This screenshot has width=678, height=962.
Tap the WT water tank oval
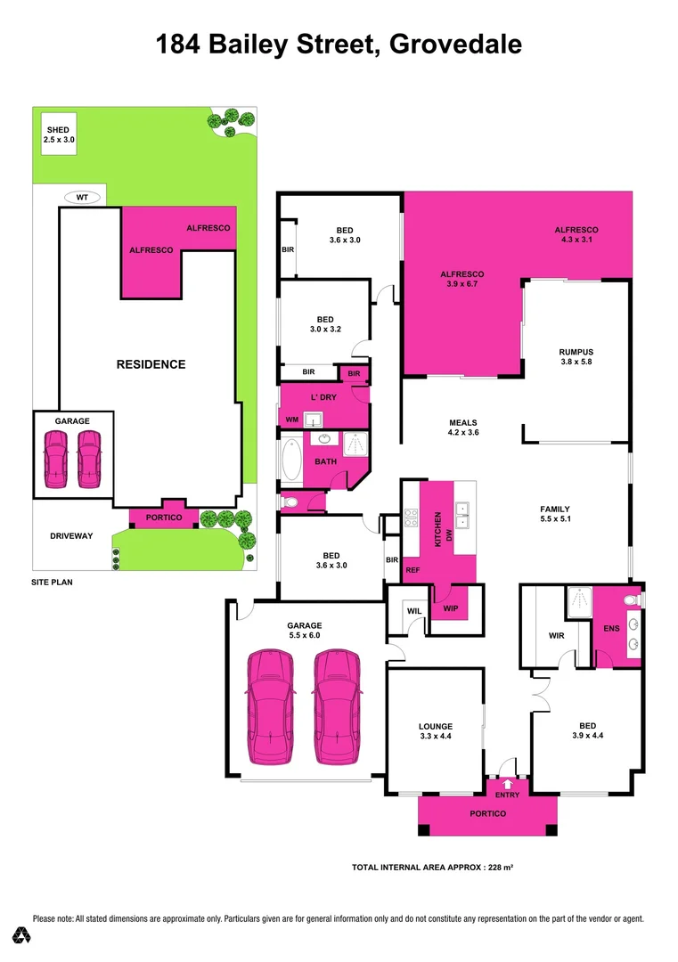pos(82,198)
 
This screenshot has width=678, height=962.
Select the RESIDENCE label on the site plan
pos(151,364)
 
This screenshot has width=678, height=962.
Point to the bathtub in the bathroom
pos(290,461)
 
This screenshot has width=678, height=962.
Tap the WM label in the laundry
pos(291,419)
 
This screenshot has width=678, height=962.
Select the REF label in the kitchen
pos(413,569)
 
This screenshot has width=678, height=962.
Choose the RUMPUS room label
pos(576,352)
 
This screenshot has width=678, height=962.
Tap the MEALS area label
pos(462,422)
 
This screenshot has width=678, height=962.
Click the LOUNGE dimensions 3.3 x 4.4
pos(436,737)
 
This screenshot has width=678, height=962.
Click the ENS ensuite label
pos(610,629)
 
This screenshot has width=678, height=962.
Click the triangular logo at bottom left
pos(22,935)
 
